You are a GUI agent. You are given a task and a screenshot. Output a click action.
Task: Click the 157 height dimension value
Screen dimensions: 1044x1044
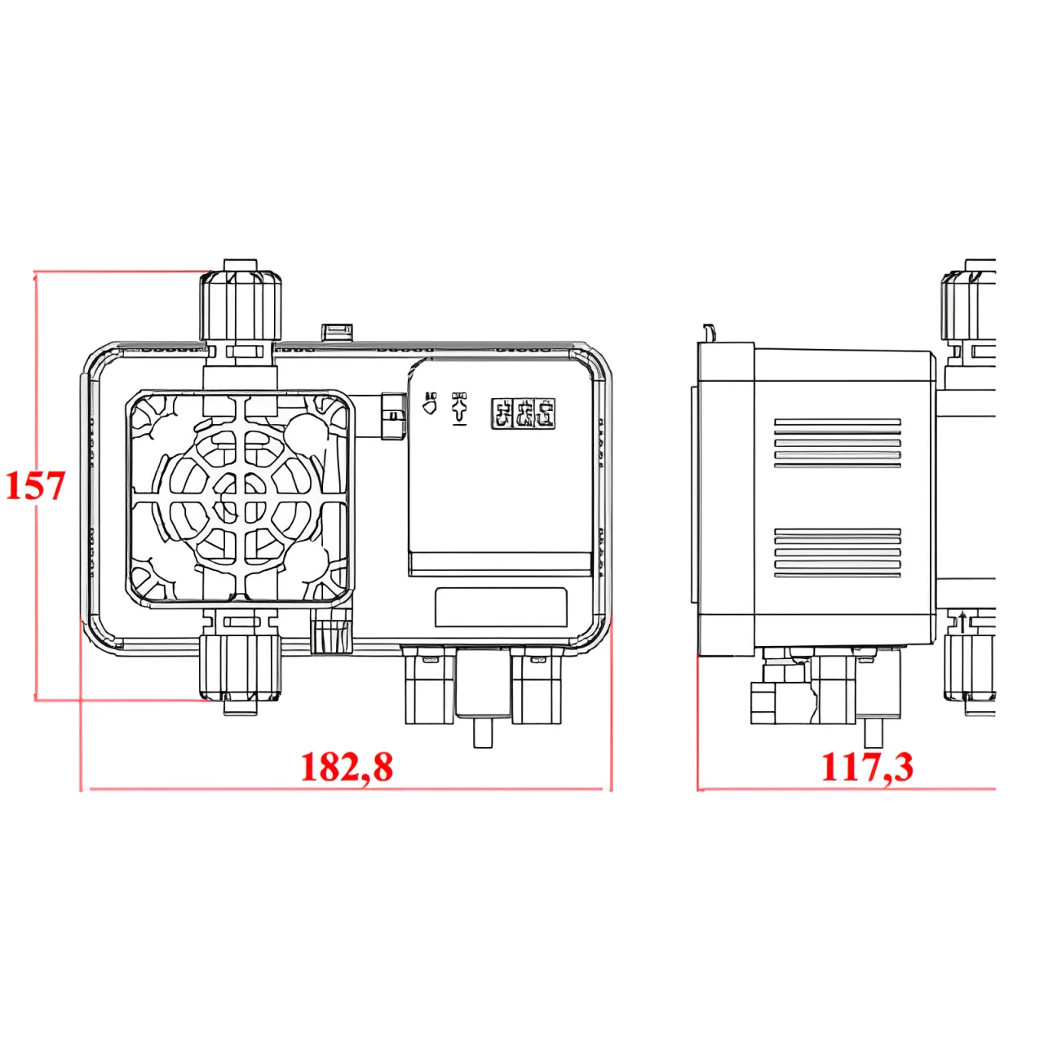[35, 485]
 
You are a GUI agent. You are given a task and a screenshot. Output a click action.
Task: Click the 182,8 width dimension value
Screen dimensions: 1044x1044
[347, 767]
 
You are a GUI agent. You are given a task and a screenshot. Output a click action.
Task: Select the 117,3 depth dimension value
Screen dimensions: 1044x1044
[867, 767]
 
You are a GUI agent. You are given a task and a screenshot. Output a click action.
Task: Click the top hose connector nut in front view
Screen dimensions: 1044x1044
[241, 306]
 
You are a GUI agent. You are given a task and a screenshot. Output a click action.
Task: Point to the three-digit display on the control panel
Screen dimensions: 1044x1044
[523, 414]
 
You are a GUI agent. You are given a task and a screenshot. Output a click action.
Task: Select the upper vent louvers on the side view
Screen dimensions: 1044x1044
[838, 444]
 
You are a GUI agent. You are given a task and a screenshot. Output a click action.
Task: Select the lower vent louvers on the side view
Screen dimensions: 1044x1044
[838, 553]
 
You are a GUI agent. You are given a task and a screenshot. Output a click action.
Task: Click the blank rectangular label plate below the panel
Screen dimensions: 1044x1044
[501, 607]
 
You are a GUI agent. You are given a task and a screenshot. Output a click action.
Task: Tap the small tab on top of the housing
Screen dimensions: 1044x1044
[337, 331]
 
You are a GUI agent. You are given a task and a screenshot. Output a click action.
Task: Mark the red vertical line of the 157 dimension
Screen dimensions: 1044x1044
[37, 571]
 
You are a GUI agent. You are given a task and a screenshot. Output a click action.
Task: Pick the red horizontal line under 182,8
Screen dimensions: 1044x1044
[347, 789]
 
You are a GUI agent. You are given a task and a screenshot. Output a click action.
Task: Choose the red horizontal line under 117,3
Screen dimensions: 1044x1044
[848, 789]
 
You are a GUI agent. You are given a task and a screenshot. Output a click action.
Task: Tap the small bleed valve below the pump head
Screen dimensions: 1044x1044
[330, 635]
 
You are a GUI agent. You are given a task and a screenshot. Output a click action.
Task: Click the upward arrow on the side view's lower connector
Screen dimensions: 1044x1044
[963, 623]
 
